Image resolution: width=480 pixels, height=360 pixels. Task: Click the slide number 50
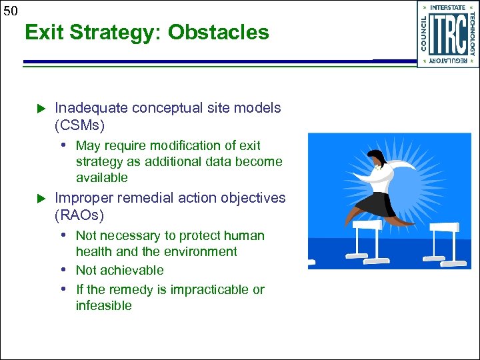tap(10, 9)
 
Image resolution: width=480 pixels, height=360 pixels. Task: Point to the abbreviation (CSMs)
tap(80, 125)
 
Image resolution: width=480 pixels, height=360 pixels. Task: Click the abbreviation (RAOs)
tap(80, 215)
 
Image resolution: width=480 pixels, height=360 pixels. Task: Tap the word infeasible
tap(104, 306)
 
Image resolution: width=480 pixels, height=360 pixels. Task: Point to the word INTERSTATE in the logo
tap(448, 7)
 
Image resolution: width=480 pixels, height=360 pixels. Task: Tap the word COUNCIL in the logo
tap(424, 33)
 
